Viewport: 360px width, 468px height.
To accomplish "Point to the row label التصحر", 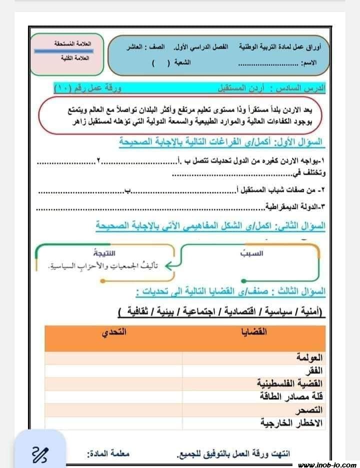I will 311,410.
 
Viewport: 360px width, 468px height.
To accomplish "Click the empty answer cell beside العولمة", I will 113,358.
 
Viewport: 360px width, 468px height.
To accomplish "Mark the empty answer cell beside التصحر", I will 113,410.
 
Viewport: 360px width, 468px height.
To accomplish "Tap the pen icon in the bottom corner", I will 39,453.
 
